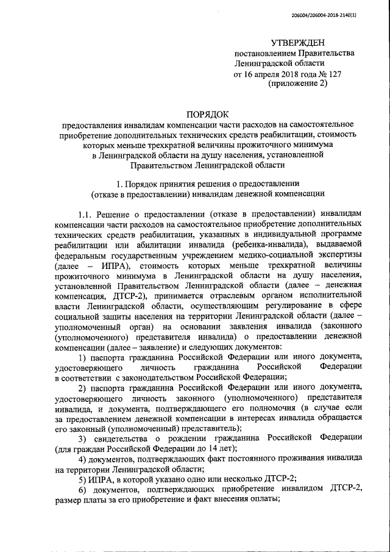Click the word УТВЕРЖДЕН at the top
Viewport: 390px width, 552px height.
(x=298, y=42)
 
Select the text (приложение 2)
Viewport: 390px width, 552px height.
(x=298, y=84)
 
